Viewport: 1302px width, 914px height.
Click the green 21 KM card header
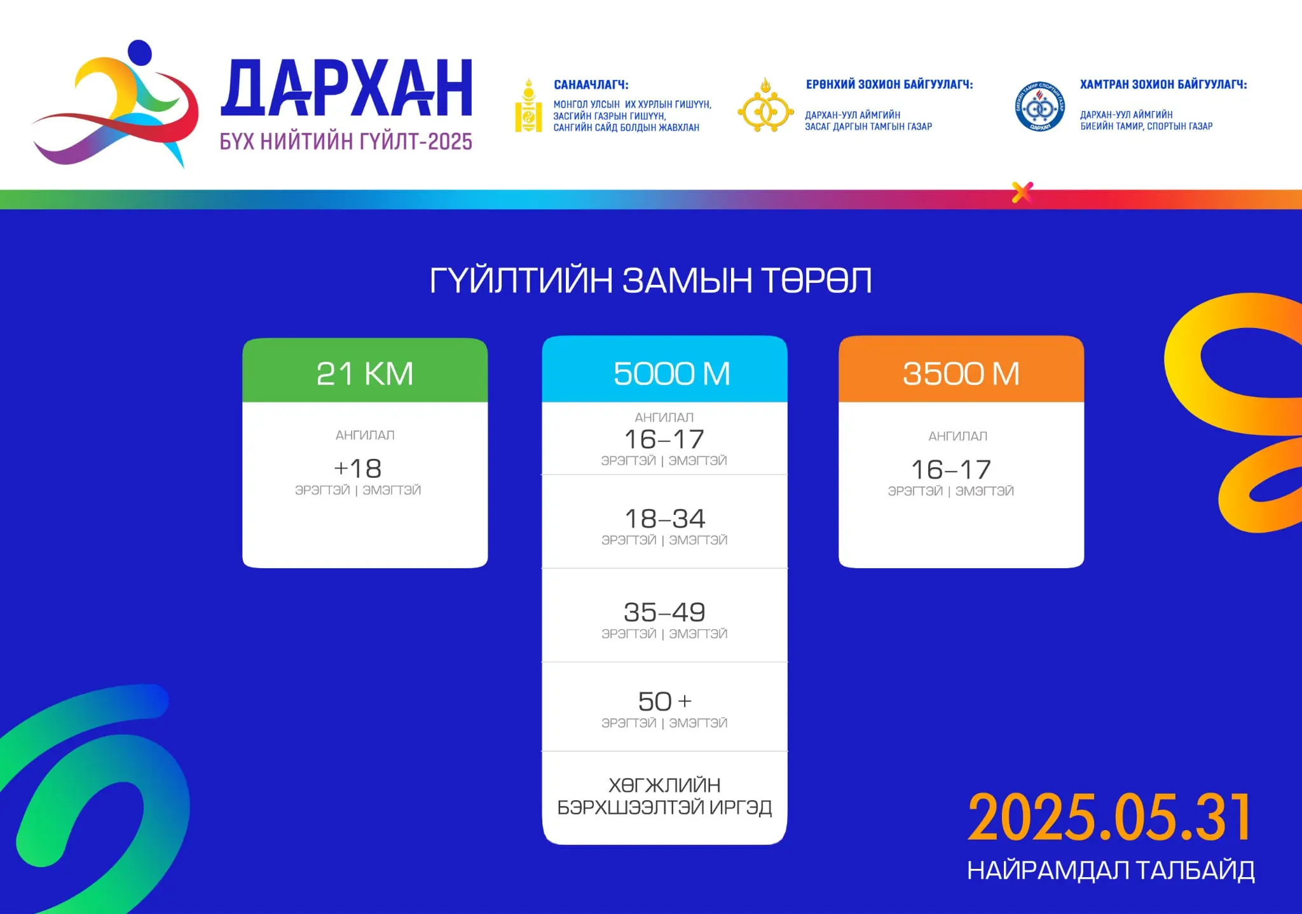pyautogui.click(x=365, y=371)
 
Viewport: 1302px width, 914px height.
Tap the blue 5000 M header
pyautogui.click(x=664, y=369)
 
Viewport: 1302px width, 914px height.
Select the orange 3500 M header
pyautogui.click(x=961, y=369)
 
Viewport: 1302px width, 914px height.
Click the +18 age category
pyautogui.click(x=358, y=469)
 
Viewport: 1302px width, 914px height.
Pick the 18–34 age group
pyautogui.click(x=665, y=519)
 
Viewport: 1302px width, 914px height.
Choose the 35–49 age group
pyautogui.click(x=665, y=612)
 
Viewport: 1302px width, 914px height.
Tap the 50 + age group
pyautogui.click(x=665, y=702)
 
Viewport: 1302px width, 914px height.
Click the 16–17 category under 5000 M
pyautogui.click(x=664, y=439)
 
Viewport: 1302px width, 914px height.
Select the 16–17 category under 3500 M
pyautogui.click(x=951, y=470)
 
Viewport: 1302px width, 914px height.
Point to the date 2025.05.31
pyautogui.click(x=1110, y=817)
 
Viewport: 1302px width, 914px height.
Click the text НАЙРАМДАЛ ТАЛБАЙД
pyautogui.click(x=1111, y=871)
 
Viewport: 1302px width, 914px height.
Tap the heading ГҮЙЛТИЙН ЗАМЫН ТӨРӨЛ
pyautogui.click(x=650, y=280)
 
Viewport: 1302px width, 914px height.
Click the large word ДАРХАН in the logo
pyautogui.click(x=346, y=88)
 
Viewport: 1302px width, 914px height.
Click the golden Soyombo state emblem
pyautogui.click(x=528, y=106)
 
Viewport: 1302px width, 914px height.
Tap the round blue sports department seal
pyautogui.click(x=1040, y=107)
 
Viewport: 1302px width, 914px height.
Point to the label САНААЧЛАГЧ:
pyautogui.click(x=591, y=85)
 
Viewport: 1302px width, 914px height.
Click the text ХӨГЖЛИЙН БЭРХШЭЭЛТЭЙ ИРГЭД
pyautogui.click(x=664, y=796)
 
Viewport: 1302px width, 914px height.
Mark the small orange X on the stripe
pyautogui.click(x=1022, y=192)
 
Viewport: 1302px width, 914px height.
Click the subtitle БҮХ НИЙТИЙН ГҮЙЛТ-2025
pyautogui.click(x=346, y=141)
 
